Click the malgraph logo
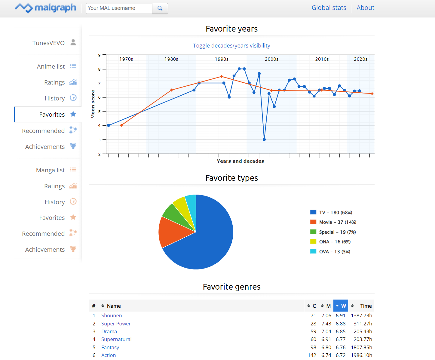[x=46, y=8]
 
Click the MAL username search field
[x=119, y=8]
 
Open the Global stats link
[x=329, y=8]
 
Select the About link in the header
[x=365, y=8]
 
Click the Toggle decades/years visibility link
[x=231, y=45]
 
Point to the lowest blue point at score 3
[x=264, y=140]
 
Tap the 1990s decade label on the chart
[x=222, y=59]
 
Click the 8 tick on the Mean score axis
[x=100, y=69]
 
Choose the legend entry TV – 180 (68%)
[x=335, y=212]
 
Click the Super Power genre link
[x=116, y=324]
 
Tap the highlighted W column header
[x=341, y=306]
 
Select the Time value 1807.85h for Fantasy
[x=361, y=347]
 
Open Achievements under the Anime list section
[x=45, y=147]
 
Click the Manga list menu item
[x=51, y=170]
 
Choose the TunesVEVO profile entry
[x=49, y=43]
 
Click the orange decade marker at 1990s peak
[x=222, y=76]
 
